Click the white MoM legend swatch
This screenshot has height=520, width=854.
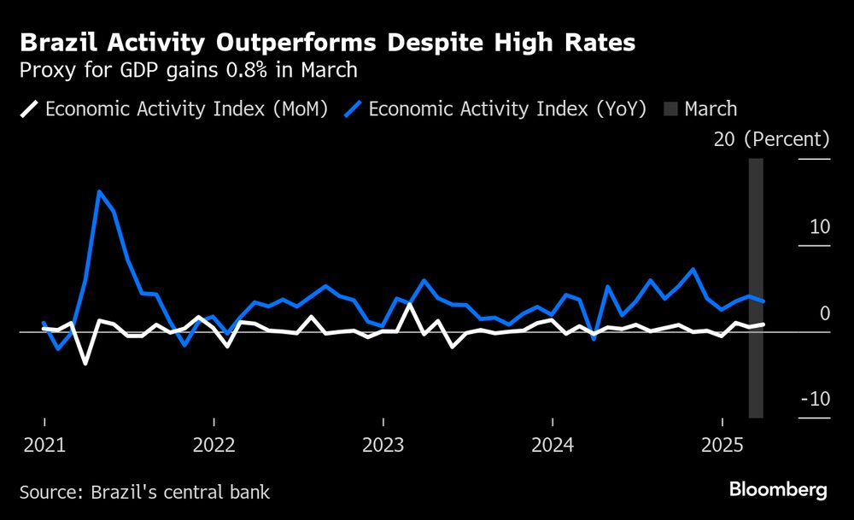point(30,108)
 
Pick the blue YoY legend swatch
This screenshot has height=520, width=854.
point(353,108)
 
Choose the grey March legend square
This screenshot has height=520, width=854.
point(671,108)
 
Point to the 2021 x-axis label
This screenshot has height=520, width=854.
point(44,445)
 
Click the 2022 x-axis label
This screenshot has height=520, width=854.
point(213,445)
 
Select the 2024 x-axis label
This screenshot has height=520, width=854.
point(553,445)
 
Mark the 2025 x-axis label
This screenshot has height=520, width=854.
point(722,445)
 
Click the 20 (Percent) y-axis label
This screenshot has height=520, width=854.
point(771,139)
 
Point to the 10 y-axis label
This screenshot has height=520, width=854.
point(820,227)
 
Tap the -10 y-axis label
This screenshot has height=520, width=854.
point(815,400)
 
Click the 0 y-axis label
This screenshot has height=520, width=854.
point(824,313)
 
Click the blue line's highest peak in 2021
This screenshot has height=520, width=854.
point(100,191)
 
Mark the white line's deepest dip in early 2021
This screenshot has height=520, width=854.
point(85,364)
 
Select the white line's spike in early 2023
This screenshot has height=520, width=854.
point(411,305)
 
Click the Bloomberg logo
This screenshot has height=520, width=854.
point(778,489)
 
